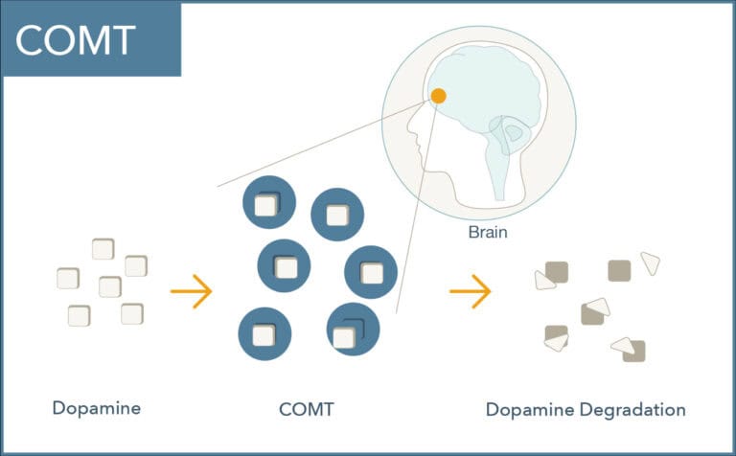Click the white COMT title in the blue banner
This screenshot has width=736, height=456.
[75, 39]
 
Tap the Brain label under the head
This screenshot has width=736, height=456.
[487, 232]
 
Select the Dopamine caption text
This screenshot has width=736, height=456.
[97, 408]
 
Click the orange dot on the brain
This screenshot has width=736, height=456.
[438, 96]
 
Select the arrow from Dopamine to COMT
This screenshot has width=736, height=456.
[190, 290]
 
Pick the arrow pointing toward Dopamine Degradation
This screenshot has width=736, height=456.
[470, 290]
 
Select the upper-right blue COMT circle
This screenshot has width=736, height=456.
[337, 214]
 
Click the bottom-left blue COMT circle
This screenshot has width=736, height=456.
[264, 334]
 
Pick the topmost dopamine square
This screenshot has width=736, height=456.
[103, 249]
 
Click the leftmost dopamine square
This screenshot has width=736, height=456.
[68, 279]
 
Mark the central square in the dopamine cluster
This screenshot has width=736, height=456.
[110, 286]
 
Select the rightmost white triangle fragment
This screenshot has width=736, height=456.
[651, 262]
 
